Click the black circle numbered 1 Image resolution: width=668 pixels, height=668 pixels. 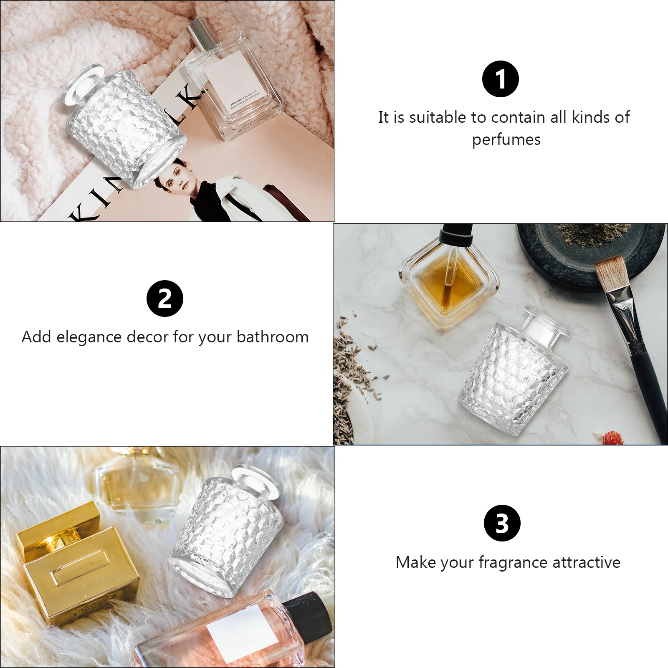click(x=500, y=79)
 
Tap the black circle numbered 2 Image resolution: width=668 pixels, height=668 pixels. click(x=165, y=299)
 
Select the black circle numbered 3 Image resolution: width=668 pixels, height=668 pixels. click(x=502, y=523)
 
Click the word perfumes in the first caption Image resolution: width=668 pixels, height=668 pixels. click(x=506, y=140)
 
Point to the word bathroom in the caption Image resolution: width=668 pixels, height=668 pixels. click(x=272, y=337)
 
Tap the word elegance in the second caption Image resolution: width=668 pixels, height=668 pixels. click(x=89, y=337)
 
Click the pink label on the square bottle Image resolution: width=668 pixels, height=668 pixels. click(x=236, y=83)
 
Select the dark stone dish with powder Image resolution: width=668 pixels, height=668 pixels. click(x=593, y=250)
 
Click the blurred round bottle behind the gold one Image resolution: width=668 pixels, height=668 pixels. click(x=134, y=480)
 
